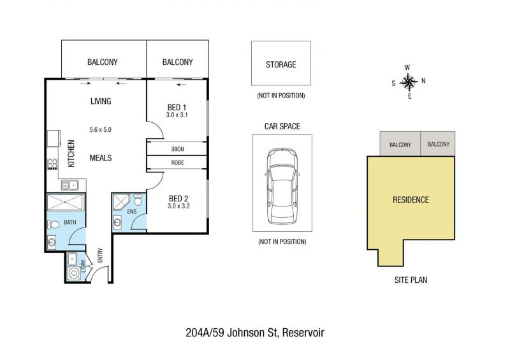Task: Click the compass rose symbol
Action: tap(409, 82)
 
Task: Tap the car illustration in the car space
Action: tap(282, 186)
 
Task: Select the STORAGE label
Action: tap(281, 65)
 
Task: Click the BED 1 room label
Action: tap(177, 107)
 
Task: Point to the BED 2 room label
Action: tap(178, 198)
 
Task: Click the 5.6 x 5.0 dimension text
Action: tap(101, 130)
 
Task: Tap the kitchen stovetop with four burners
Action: tap(52, 164)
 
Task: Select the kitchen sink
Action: tap(70, 185)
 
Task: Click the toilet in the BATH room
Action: tap(53, 224)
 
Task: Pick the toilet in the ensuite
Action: tap(138, 199)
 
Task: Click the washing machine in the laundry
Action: tap(74, 273)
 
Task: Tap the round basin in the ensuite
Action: tap(117, 223)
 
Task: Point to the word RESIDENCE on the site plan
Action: tap(411, 199)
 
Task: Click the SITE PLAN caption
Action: tap(411, 280)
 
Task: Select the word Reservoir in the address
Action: tap(303, 333)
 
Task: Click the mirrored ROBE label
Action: tap(178, 148)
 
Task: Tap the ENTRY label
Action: tap(100, 256)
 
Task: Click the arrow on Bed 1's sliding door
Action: tap(182, 85)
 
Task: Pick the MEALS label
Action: tap(101, 158)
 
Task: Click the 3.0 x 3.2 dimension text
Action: tap(178, 206)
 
